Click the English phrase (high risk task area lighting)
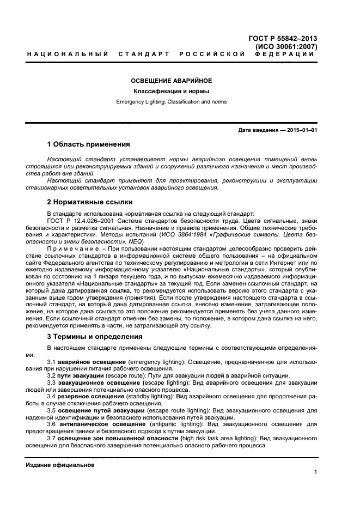[221, 438]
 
